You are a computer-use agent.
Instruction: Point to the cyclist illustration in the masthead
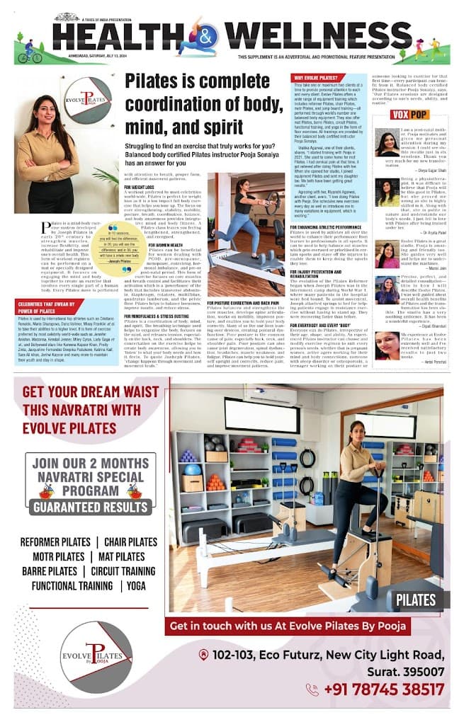click(x=30, y=53)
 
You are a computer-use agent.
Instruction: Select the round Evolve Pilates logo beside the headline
click(x=87, y=101)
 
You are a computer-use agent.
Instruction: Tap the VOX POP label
click(x=409, y=115)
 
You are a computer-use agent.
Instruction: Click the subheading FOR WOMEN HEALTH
click(x=169, y=244)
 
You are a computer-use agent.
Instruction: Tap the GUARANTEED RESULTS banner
click(x=89, y=507)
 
